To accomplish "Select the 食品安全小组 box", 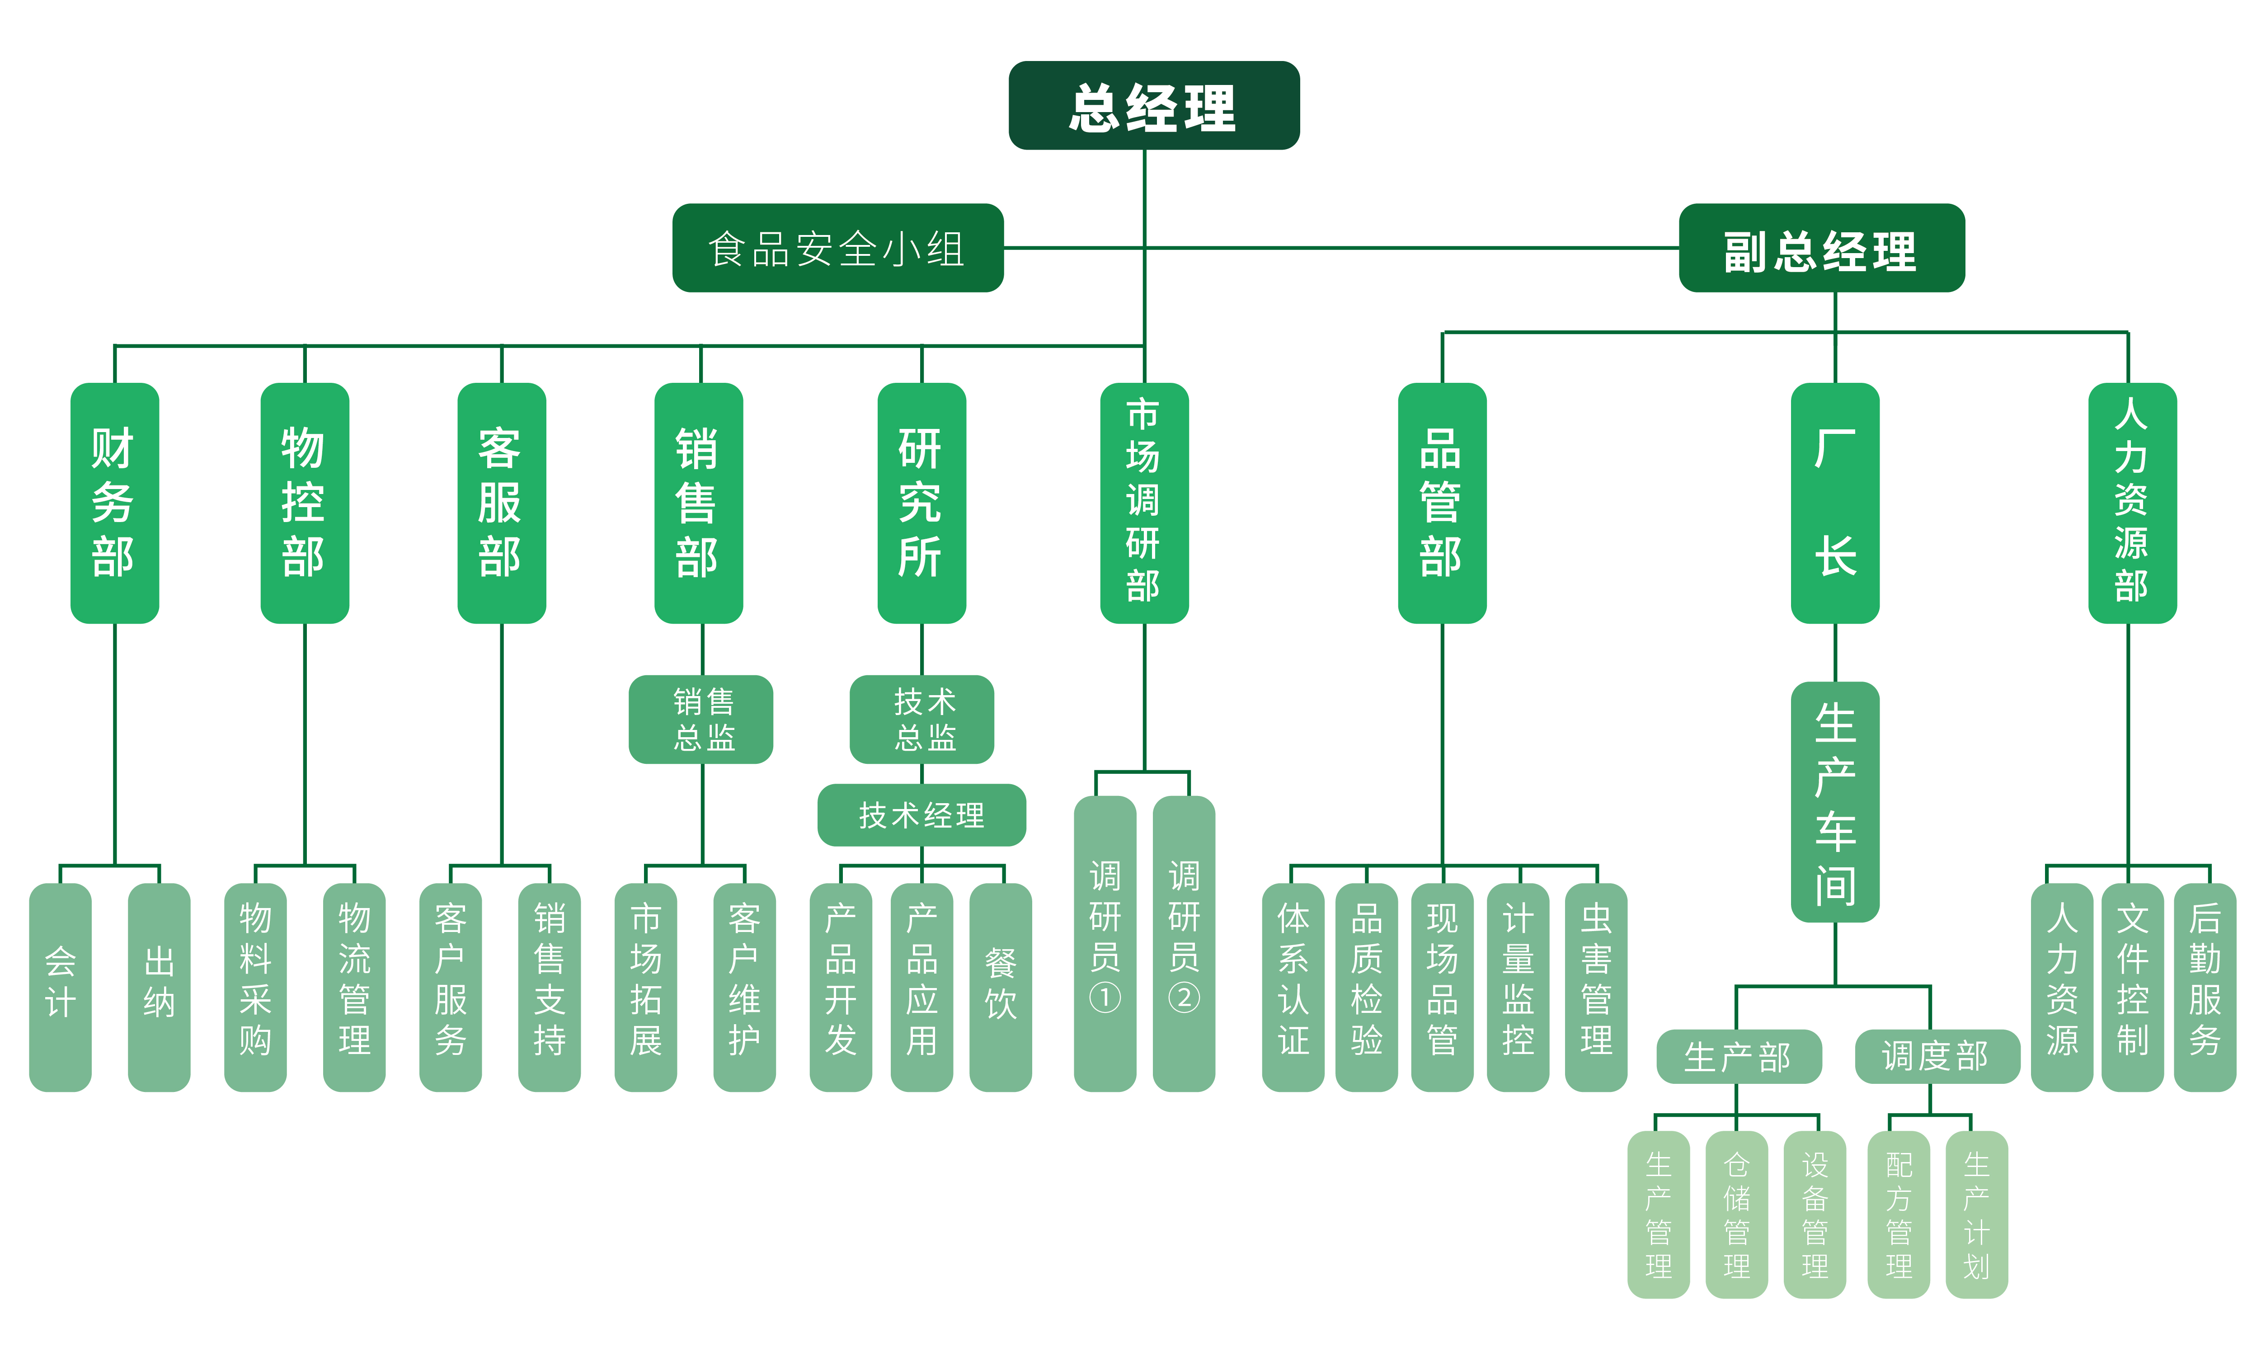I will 837,248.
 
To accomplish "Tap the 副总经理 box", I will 1821,248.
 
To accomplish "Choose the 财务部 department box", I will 114,503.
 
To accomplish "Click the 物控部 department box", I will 304,503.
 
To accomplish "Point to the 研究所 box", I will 921,503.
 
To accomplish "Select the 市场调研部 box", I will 1143,503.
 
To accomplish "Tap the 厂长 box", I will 1834,503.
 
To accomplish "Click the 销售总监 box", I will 701,720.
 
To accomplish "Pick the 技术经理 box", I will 921,815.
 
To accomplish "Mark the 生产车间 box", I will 1834,802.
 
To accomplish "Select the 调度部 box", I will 1936,1057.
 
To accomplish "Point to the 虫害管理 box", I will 1595,987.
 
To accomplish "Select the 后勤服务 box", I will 2205,987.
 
